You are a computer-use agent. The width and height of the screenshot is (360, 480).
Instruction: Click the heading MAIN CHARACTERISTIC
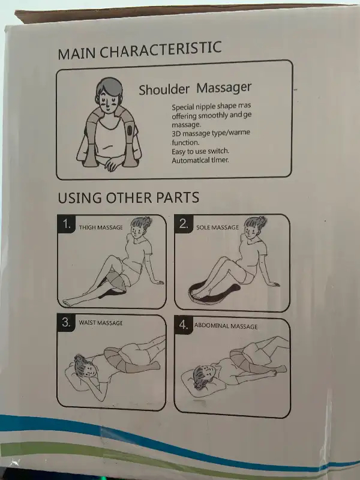point(139,50)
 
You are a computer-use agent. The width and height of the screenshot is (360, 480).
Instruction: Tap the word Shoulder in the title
point(163,90)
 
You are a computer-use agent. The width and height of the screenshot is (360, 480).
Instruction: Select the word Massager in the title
point(222,88)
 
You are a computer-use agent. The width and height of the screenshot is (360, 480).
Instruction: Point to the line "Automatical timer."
point(200,160)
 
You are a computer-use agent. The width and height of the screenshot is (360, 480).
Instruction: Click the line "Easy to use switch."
point(200,151)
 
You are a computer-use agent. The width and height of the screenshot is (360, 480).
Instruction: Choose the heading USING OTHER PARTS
point(128,197)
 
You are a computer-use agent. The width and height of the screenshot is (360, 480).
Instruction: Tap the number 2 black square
point(185,225)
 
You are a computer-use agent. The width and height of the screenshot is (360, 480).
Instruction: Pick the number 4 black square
point(184,325)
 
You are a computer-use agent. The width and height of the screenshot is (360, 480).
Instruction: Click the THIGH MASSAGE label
point(101,228)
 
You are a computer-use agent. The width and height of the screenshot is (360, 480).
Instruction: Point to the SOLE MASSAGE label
point(217,228)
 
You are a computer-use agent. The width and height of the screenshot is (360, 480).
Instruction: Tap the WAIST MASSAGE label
point(100,323)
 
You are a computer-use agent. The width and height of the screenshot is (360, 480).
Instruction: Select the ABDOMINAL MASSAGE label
point(226,326)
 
